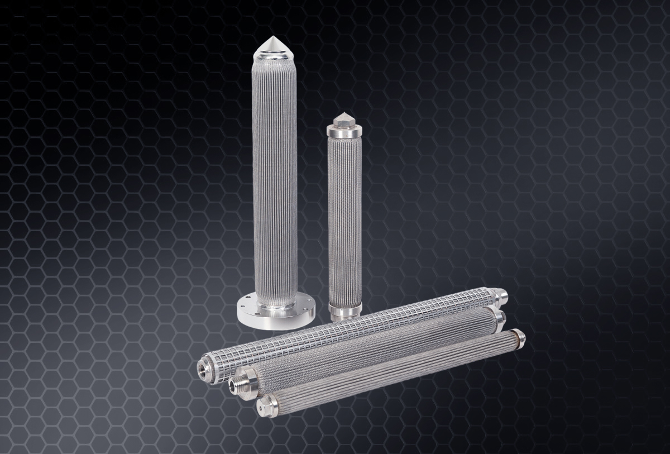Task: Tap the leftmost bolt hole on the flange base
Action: tap(241, 305)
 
